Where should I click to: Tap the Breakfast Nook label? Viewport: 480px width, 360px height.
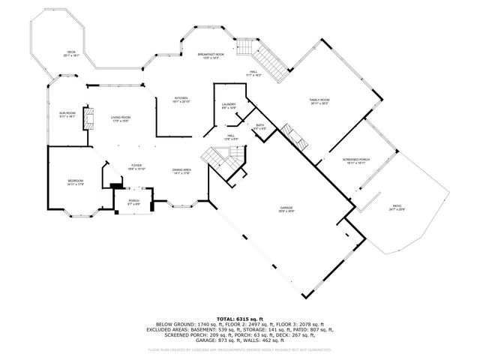click(x=211, y=57)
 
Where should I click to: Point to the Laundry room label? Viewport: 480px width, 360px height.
click(x=229, y=106)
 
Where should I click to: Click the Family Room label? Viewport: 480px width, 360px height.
click(x=319, y=102)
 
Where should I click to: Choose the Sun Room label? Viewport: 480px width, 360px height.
click(x=67, y=115)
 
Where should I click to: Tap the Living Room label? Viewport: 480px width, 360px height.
click(x=121, y=118)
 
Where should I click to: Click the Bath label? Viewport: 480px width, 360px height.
click(x=259, y=127)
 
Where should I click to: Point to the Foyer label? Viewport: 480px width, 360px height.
click(x=136, y=167)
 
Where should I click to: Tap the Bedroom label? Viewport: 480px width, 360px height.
click(x=75, y=182)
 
